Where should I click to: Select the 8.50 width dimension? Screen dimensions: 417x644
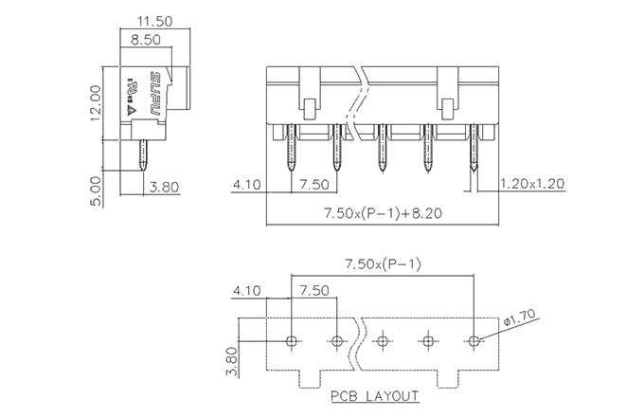146,40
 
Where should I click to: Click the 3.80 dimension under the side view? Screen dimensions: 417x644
165,187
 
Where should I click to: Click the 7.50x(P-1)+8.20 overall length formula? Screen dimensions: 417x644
381,215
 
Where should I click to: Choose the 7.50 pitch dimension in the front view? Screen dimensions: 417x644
314,183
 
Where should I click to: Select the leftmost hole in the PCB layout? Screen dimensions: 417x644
292,340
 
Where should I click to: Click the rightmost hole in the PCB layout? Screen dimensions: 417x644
474,340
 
